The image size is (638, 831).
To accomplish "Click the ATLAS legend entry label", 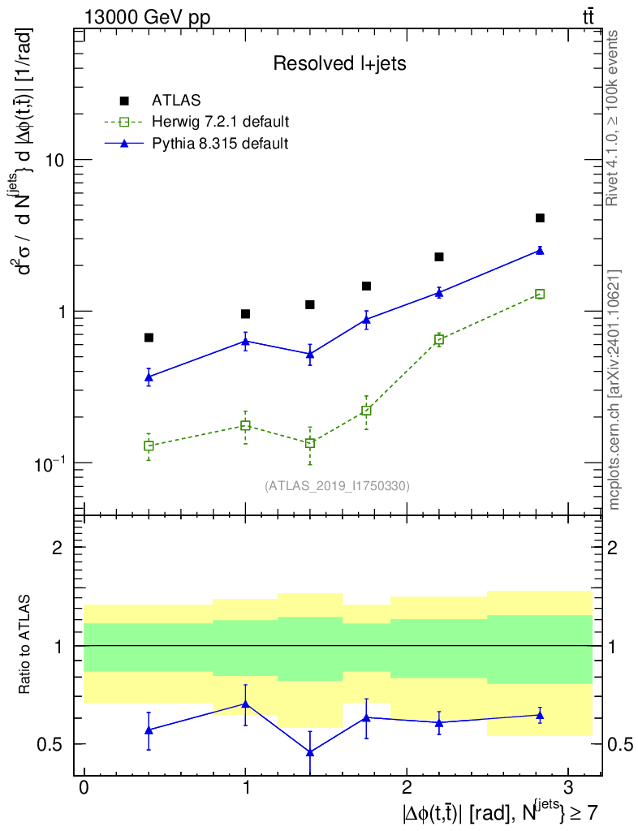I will point(176,101).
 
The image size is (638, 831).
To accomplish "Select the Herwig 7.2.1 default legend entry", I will point(220,123).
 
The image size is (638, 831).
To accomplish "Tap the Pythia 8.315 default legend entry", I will point(219,144).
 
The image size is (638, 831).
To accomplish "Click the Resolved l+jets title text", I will point(339,64).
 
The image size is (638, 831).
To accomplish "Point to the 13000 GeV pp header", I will point(146,16).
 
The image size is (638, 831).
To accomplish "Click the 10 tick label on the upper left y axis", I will point(55,160).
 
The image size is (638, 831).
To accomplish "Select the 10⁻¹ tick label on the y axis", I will point(50,463).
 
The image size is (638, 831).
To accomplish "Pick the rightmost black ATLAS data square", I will point(540,217).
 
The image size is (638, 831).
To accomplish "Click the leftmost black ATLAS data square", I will point(149,338).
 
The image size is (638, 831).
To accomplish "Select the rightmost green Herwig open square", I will point(540,294).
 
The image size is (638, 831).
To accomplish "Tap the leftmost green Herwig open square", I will point(149,446).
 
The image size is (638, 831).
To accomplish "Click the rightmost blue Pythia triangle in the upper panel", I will point(540,251).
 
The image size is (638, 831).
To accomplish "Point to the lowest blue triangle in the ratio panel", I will point(310,752).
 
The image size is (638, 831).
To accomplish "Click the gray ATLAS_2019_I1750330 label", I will point(337,485).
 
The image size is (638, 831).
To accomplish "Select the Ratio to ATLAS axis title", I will point(25,646).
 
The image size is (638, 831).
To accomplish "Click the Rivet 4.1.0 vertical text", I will point(614,118).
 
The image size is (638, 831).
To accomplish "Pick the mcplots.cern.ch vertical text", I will point(614,390).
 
